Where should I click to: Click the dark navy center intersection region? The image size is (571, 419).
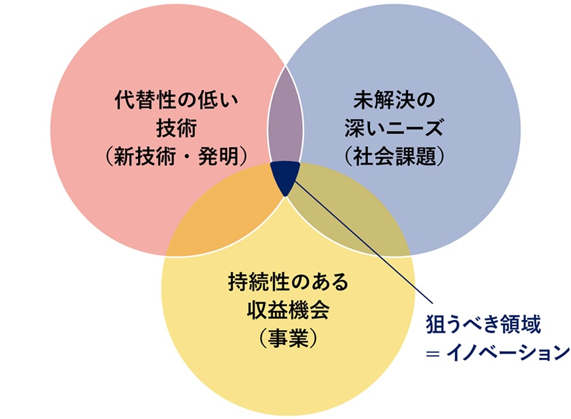coord(285,176)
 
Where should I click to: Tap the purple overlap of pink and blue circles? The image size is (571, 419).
coord(285,117)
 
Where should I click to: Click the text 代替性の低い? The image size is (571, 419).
coord(176,100)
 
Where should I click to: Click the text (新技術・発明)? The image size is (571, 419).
coord(176,157)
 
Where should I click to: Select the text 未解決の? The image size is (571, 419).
coord(394,100)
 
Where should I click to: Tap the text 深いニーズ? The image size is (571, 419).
coord(394,128)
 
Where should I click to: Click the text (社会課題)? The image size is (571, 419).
coord(394,157)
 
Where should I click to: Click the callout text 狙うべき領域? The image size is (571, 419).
coord(483,324)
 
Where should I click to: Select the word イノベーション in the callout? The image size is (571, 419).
coord(508,353)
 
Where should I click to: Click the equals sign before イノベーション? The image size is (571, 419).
coord(432,354)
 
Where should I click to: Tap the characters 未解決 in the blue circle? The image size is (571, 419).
coord(383,100)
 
